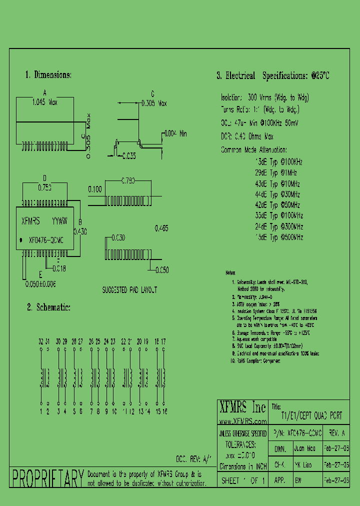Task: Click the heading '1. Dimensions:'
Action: coord(48,75)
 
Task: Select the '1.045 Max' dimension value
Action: coord(44,101)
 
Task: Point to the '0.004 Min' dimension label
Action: coord(176,133)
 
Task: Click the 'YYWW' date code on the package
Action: coord(60,220)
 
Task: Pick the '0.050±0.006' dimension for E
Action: coord(40,283)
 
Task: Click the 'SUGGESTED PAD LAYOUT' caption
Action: coord(129,289)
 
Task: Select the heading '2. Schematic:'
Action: coord(48,307)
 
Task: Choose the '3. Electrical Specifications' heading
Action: coord(273,76)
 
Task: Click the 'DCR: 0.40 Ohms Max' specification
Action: coord(247,136)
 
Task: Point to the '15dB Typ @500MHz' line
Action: coord(279,237)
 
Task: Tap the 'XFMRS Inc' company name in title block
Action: coord(242,407)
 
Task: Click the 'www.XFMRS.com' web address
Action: coord(243,421)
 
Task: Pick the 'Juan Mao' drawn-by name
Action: coord(305,449)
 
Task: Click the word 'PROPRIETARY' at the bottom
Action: coord(47,478)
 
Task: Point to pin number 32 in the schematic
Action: coord(40,341)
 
